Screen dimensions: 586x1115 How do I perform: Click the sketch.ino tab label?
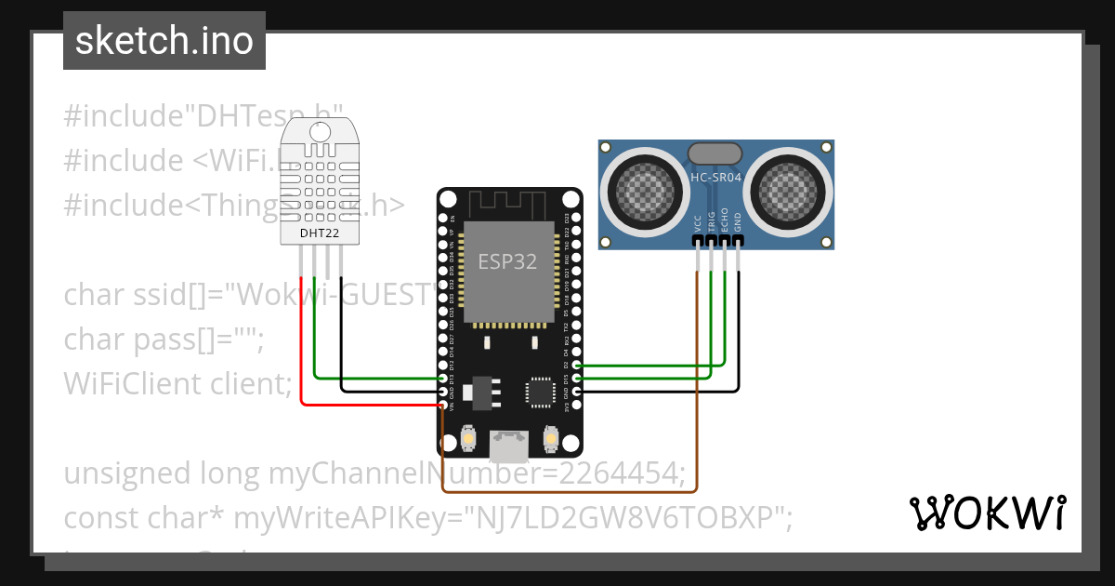(164, 41)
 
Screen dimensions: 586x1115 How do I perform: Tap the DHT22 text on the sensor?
(319, 232)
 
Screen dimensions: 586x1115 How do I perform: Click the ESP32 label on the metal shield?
(507, 261)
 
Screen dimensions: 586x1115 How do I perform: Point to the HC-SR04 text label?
(715, 177)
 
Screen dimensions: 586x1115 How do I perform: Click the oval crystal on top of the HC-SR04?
(714, 152)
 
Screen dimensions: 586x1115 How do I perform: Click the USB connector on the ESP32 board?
(509, 446)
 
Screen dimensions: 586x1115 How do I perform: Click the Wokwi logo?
(988, 513)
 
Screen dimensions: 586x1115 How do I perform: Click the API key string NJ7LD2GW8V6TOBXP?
(624, 517)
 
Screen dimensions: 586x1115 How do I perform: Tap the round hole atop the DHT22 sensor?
(320, 131)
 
